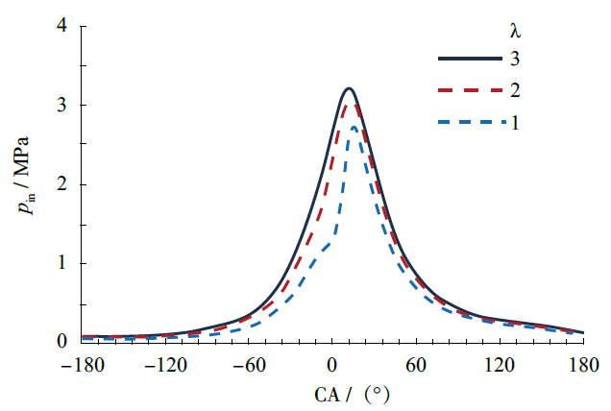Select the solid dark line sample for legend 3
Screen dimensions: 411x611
tap(471, 59)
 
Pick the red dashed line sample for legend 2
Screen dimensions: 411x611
tap(471, 90)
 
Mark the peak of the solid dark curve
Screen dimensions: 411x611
tap(349, 88)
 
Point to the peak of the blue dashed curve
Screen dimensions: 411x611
tap(354, 127)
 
